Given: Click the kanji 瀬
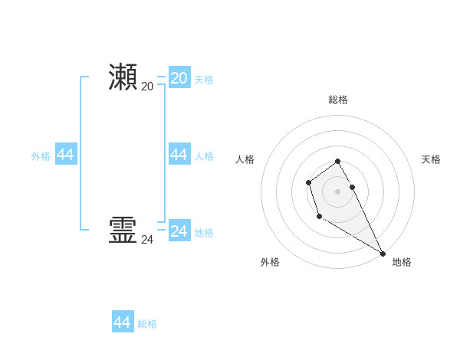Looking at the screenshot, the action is tap(123, 77).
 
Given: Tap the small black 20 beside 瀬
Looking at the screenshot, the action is tap(147, 87).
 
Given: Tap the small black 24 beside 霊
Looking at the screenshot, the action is tap(147, 240).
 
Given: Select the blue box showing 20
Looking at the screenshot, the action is tap(179, 77).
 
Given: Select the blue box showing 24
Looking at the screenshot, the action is tap(179, 231).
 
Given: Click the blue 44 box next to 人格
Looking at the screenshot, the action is tap(179, 155).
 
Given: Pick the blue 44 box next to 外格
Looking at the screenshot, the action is tap(66, 155).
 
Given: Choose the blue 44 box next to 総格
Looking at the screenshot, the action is tap(123, 322).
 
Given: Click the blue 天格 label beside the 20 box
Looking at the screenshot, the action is tap(204, 80).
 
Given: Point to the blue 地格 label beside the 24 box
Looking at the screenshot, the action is tap(204, 233).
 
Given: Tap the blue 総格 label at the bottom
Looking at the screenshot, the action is tap(147, 324).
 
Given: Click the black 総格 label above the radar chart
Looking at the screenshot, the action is tap(338, 100).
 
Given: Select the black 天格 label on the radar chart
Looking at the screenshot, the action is tap(431, 159).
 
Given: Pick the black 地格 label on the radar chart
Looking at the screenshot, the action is tap(402, 262).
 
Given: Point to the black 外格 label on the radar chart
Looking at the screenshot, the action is tap(270, 262).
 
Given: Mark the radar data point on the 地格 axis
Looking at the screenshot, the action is tap(383, 254).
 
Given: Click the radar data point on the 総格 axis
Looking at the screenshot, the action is tap(337, 161).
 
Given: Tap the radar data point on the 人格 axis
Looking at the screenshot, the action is tap(308, 182).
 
